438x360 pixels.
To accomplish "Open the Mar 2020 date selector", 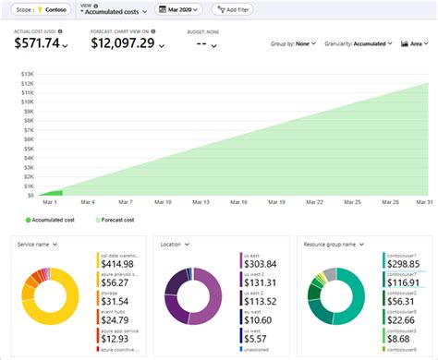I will (179, 10).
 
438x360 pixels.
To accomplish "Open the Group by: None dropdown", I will (294, 43).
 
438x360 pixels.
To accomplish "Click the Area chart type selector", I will (415, 43).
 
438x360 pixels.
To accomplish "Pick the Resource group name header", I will (333, 244).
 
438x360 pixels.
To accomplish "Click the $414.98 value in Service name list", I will (117, 264).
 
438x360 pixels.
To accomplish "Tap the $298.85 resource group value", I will (403, 263).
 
